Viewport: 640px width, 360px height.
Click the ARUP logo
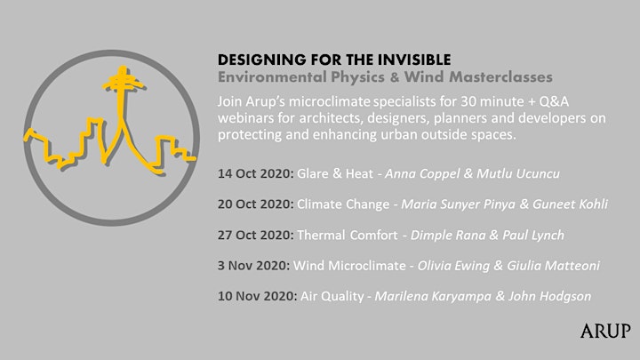[x=605, y=331]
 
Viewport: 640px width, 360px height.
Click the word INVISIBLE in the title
[x=414, y=60]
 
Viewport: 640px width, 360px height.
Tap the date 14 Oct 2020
[x=255, y=173]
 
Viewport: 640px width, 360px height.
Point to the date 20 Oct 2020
[x=255, y=204]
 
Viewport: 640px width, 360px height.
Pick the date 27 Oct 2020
[x=255, y=235]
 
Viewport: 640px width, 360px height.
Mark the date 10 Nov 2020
[x=258, y=296]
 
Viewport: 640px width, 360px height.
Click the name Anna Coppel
[x=422, y=174]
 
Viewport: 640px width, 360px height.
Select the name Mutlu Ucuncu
[x=518, y=174]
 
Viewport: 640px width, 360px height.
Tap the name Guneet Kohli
[x=570, y=204]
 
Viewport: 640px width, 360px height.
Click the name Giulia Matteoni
[x=553, y=266]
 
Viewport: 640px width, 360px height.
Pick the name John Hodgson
[x=549, y=296]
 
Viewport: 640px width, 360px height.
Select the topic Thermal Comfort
[x=347, y=235]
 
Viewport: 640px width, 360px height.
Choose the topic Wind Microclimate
[x=349, y=266]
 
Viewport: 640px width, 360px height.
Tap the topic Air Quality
[x=332, y=296]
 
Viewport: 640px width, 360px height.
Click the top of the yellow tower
[x=122, y=68]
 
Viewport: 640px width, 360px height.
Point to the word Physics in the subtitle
[x=357, y=77]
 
